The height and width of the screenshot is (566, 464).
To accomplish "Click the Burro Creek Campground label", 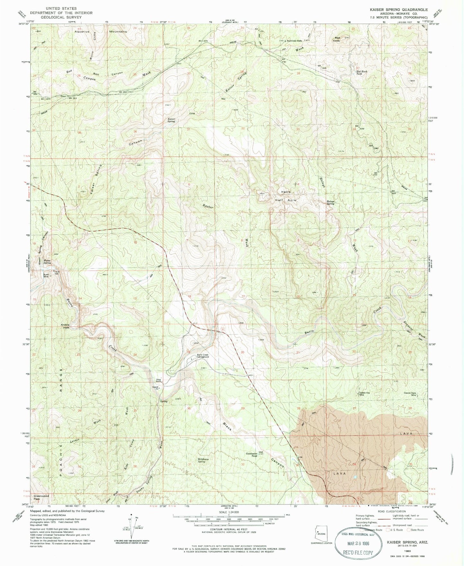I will pos(203,356).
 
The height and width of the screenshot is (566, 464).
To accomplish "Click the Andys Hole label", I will pos(65,326).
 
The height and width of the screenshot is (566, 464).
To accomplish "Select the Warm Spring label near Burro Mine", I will pos(47,262).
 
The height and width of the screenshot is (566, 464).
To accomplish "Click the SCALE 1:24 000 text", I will pos(228,512).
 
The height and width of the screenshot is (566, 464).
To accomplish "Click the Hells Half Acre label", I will pos(285,196).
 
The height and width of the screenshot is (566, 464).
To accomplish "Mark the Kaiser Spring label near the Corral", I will pos(171,120).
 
